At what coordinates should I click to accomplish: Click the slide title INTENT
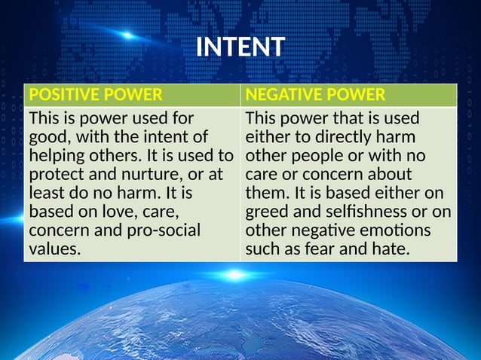tap(240, 47)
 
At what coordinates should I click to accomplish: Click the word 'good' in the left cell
tap(47, 138)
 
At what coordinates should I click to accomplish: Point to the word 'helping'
tap(57, 156)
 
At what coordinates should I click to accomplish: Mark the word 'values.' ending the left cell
tap(54, 249)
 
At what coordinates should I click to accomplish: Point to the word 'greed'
tap(266, 212)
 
